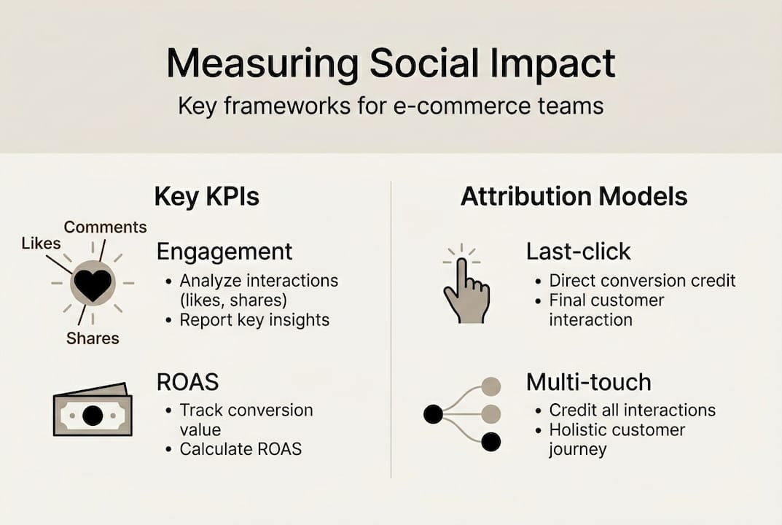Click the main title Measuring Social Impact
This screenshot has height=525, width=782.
pos(391,64)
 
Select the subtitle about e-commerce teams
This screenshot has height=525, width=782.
pos(391,106)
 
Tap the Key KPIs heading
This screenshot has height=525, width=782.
pos(207,197)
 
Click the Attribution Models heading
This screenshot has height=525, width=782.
pos(574,197)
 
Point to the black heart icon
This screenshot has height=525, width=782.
pos(93,284)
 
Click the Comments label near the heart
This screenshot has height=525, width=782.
pos(105,227)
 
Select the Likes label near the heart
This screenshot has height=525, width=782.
pos(41,243)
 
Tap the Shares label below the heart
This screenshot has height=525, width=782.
pos(93,338)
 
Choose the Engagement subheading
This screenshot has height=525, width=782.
pos(224,252)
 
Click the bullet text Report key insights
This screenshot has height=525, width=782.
pos(254,319)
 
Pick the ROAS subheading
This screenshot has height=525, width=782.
pos(187,382)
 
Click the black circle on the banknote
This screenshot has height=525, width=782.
pos(93,416)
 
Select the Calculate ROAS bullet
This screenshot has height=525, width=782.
pos(241,448)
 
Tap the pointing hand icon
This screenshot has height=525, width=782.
pos(464,292)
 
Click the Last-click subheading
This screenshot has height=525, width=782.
pos(579,252)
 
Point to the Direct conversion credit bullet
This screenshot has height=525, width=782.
pos(642,281)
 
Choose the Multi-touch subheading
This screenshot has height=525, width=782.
pos(589,382)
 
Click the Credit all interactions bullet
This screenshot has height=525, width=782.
pos(632,411)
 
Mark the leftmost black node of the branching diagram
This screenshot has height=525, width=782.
pos(433,415)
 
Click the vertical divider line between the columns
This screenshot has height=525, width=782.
pos(391,328)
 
